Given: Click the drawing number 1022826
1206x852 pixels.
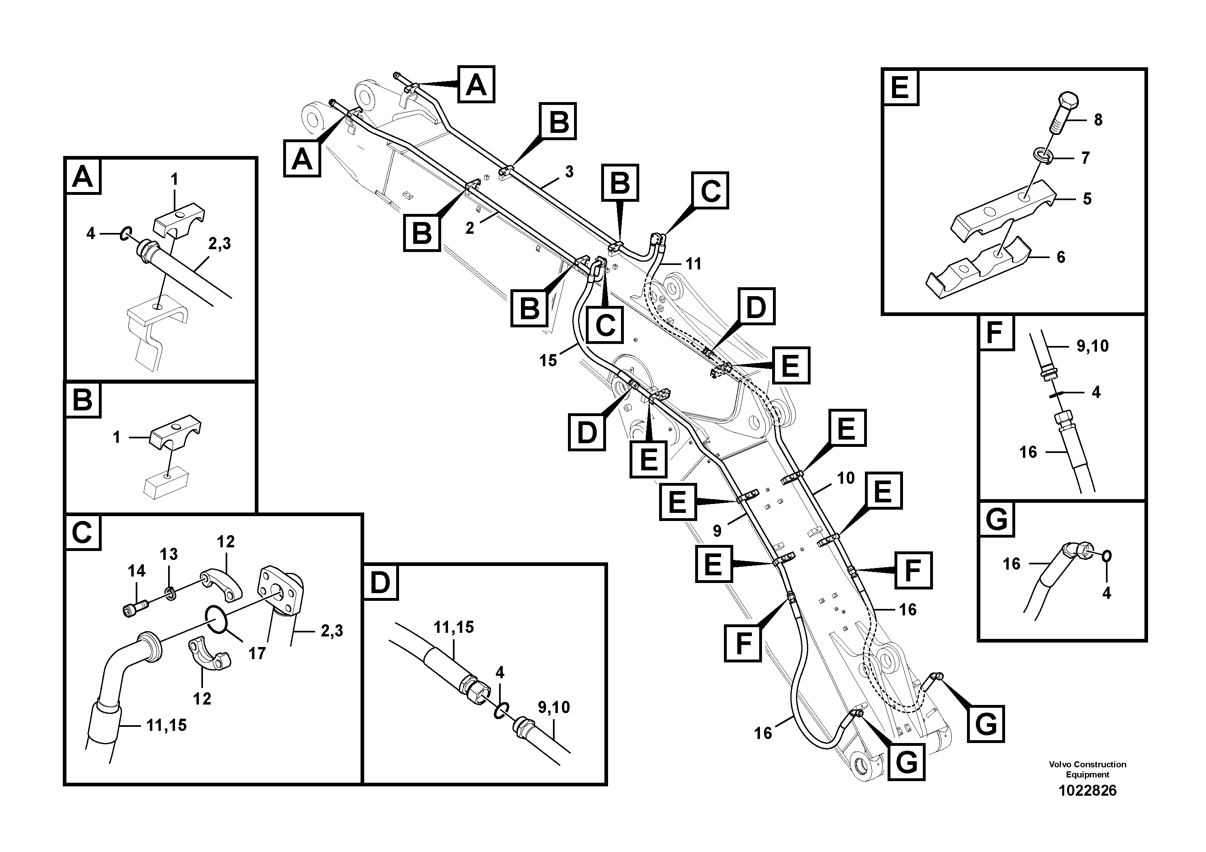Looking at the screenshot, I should pyautogui.click(x=1087, y=790).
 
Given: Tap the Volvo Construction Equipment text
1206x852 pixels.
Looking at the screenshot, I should pyautogui.click(x=1087, y=769).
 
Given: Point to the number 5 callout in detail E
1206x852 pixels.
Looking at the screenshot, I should pyautogui.click(x=1087, y=199).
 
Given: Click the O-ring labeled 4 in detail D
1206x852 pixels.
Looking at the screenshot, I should pyautogui.click(x=501, y=711).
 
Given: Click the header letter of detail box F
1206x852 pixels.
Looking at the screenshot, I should pyautogui.click(x=995, y=333).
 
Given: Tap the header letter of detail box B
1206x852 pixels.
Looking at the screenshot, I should pyautogui.click(x=83, y=400).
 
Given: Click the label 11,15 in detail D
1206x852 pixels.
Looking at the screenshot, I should pyautogui.click(x=454, y=627).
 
